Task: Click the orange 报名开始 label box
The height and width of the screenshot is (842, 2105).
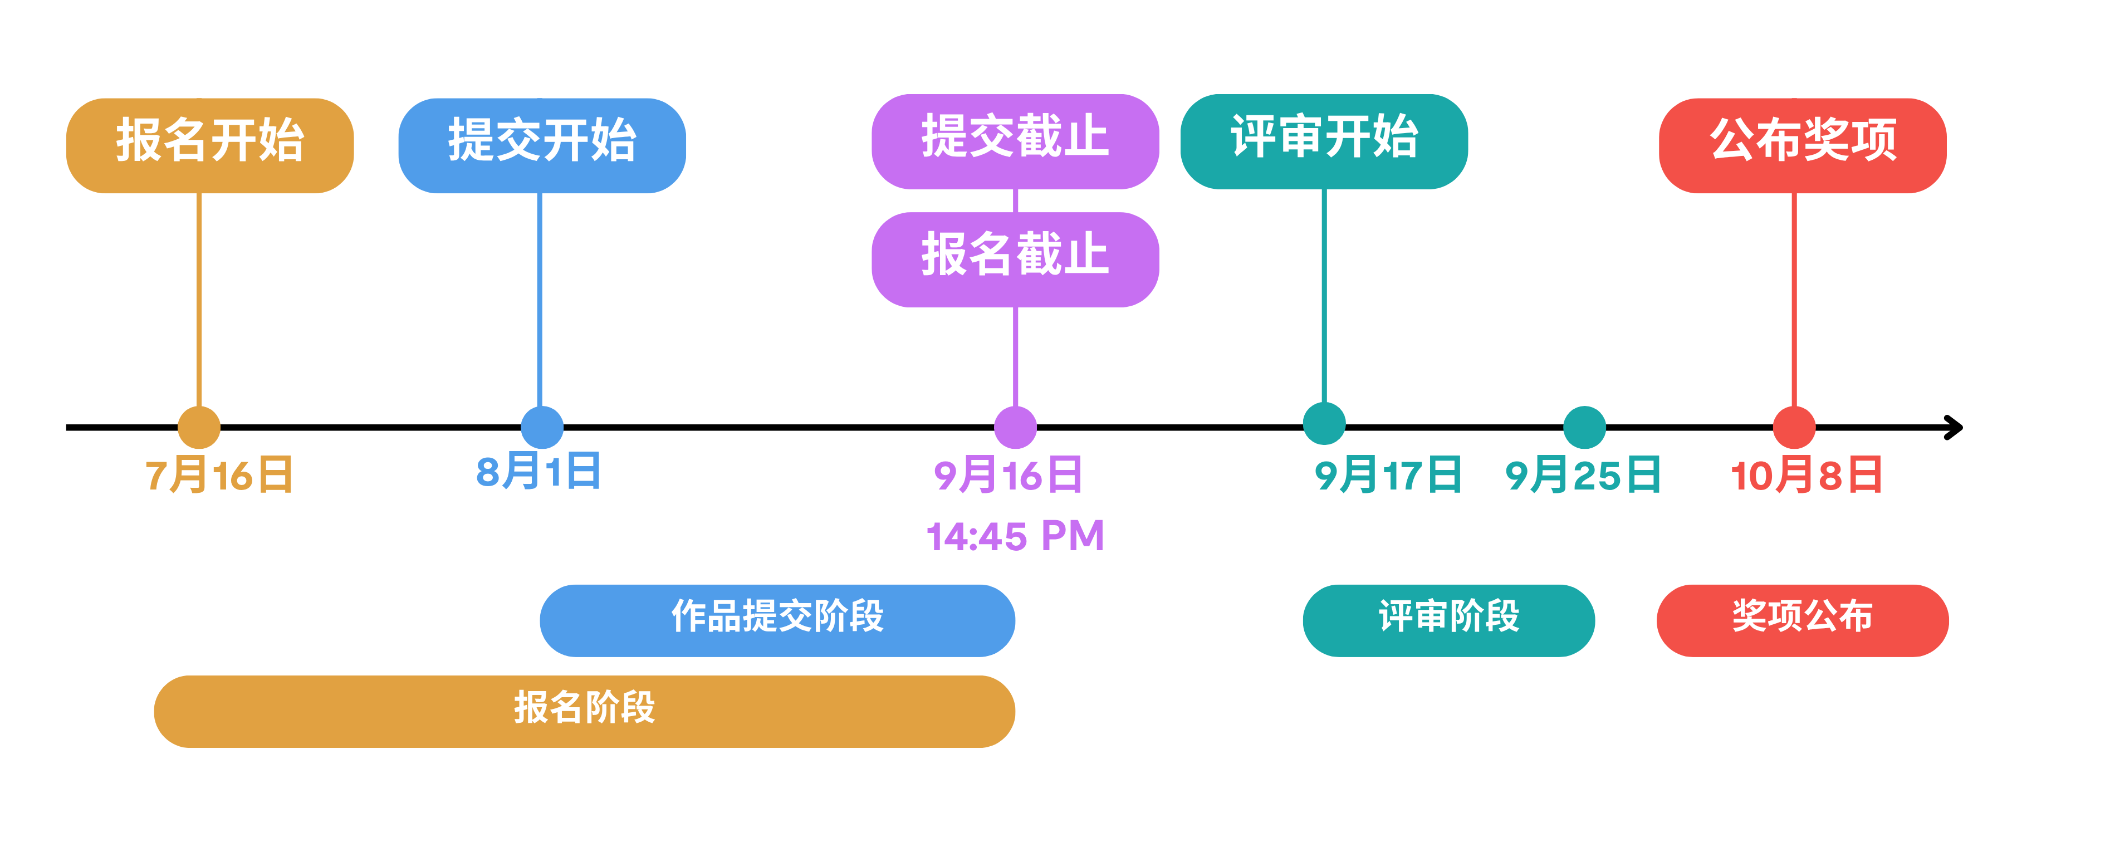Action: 209,145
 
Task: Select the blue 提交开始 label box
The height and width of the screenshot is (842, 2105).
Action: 542,145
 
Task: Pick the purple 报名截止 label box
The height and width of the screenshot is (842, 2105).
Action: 1015,259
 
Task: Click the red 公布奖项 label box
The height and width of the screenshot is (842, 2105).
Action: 1803,145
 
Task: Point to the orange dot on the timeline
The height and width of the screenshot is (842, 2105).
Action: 199,427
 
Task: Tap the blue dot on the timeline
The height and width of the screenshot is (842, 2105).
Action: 542,427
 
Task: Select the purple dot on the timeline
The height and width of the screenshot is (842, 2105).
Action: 1015,427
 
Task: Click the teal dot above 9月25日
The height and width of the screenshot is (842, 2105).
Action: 1584,427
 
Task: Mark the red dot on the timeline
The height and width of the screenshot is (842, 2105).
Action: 1794,427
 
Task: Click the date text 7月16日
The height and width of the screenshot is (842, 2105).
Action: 219,475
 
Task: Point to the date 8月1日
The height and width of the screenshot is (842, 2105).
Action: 539,472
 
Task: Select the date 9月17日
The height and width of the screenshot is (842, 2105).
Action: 1388,475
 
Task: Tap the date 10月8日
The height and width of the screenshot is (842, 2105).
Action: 1806,475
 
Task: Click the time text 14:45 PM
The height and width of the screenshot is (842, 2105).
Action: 1015,536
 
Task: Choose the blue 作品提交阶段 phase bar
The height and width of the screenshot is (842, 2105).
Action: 777,620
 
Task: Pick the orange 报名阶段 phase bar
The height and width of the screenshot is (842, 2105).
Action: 584,711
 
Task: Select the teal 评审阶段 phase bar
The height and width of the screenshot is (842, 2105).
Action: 1448,620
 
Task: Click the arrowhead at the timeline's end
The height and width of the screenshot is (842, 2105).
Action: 1955,427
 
